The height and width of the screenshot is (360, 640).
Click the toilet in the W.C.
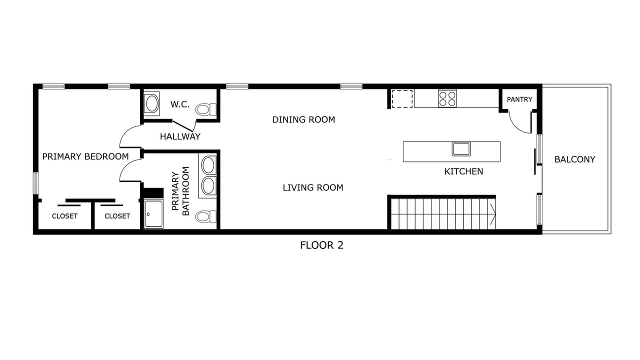point(205,109)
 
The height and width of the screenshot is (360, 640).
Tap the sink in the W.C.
point(151,103)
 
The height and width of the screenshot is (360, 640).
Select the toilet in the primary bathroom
point(205,216)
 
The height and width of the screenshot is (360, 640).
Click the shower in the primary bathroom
point(153,213)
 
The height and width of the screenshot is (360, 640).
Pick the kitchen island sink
point(461,149)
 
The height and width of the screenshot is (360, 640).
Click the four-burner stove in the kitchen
point(447,98)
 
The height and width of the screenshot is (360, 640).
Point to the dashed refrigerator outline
point(402,99)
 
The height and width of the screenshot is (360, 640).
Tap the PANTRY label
point(519,99)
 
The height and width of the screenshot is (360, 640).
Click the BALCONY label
point(574,159)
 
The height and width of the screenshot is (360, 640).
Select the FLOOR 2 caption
point(321,245)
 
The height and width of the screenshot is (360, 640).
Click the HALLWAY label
point(180,136)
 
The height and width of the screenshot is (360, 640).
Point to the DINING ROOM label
point(303,119)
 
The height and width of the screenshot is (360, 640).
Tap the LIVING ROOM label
point(313,187)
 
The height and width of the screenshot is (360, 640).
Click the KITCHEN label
point(463,171)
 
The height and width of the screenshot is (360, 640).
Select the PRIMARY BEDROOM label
point(85,156)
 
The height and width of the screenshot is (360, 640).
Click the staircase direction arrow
point(492,214)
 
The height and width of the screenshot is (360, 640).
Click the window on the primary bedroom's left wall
point(35,183)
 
